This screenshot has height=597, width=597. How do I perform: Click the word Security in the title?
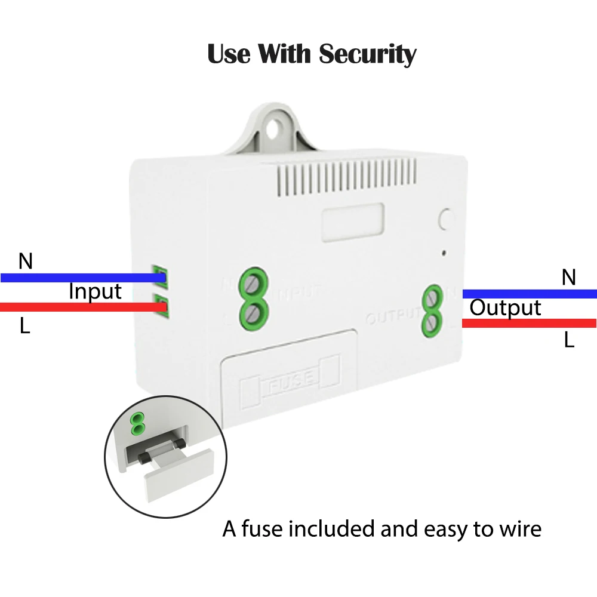367,54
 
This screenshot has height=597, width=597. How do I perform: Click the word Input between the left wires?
95,292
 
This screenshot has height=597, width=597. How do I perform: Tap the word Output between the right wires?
505,308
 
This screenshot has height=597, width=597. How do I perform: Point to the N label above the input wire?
25,261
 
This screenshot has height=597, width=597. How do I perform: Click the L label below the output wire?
569,340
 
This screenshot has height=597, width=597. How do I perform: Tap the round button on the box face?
446,220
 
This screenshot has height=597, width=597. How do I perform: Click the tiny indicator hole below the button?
444,253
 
